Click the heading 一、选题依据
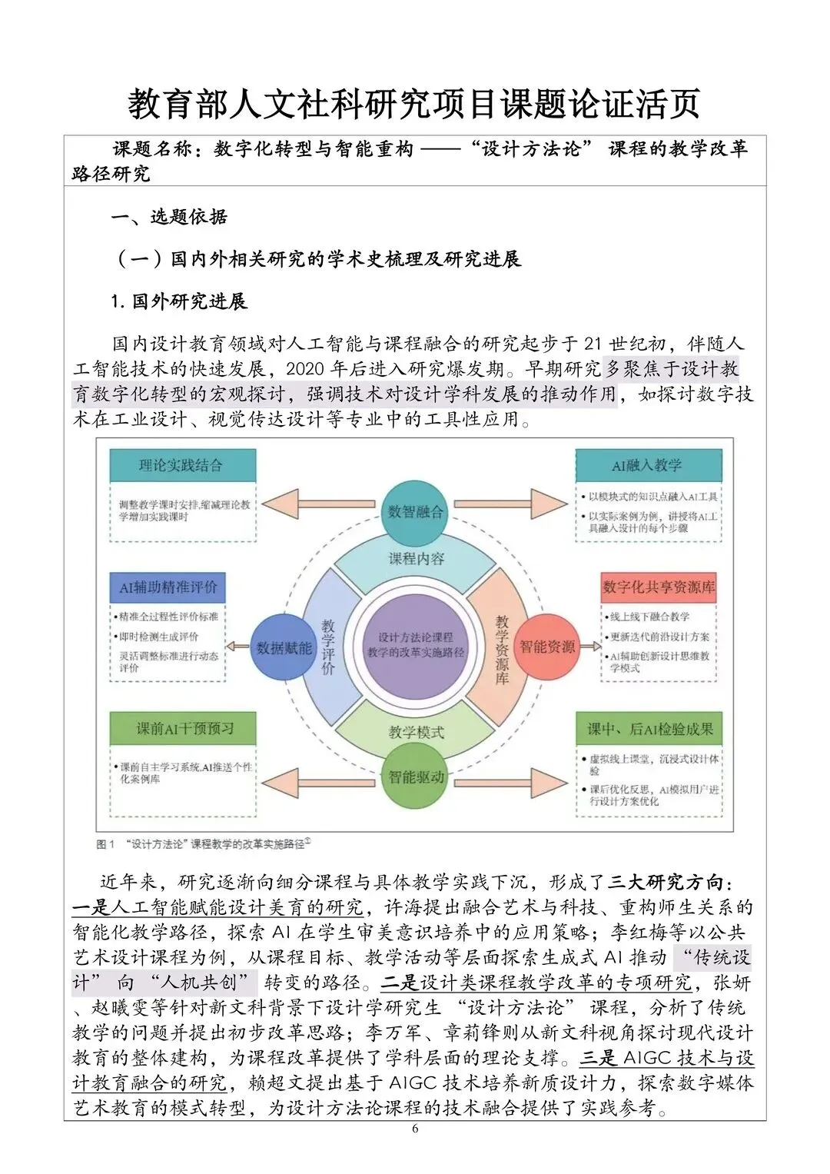169,217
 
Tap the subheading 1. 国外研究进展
178,301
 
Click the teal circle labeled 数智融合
415,511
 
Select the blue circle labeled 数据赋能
283,647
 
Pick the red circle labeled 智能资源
546,647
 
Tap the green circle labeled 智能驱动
415,777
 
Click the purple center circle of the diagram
415,644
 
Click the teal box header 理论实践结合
182,465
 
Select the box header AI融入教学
648,465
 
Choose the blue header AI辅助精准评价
168,587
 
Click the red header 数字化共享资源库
659,587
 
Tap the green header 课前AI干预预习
183,728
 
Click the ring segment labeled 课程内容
416,559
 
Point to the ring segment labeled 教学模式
416,732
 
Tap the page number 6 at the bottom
415,1129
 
